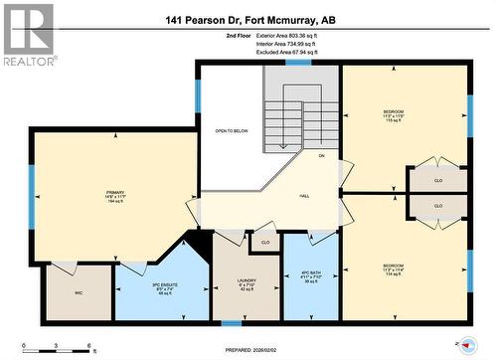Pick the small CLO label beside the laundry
[x=264, y=242]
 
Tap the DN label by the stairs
[x=321, y=156]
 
